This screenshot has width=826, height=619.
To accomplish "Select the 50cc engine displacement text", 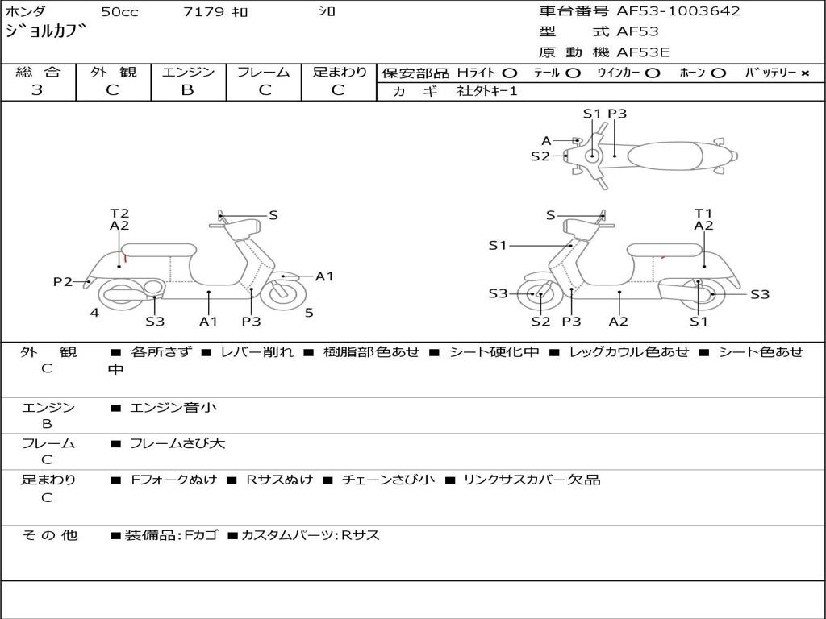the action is [118, 12].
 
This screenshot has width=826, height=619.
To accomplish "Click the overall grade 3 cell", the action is [37, 90].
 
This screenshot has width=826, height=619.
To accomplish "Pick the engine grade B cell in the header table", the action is [187, 90].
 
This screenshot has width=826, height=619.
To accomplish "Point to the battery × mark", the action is [804, 73].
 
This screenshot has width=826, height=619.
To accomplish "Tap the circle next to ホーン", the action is [718, 73].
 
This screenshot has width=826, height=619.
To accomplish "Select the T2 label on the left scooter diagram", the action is [119, 214].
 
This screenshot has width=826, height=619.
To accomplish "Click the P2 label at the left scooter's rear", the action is [62, 281].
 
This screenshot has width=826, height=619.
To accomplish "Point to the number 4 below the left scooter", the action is [94, 313].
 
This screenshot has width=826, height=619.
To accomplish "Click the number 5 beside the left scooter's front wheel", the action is [309, 313].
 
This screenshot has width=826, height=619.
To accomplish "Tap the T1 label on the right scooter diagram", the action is [703, 214].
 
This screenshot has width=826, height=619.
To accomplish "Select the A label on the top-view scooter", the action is [546, 141].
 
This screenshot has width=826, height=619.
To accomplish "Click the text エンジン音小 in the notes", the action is [173, 408].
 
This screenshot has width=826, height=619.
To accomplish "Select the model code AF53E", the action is [643, 53].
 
